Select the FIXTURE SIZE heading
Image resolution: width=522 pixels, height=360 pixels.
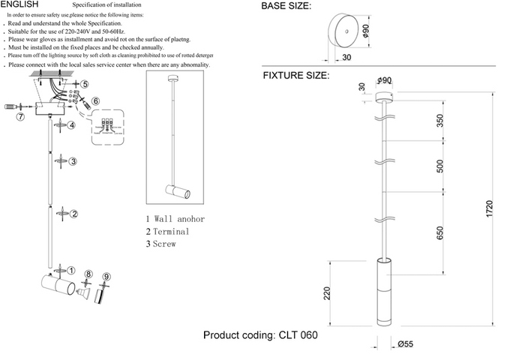click(x=295, y=76)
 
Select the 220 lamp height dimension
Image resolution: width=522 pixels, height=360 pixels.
click(x=327, y=293)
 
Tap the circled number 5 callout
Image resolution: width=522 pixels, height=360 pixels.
click(x=85, y=85)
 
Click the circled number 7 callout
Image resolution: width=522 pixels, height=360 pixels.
click(x=21, y=116)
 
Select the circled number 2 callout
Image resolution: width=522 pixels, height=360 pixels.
click(x=74, y=214)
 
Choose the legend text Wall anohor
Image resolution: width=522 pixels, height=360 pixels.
click(x=179, y=219)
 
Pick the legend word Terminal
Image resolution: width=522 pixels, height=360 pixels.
click(x=172, y=232)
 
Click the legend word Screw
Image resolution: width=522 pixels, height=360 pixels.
click(x=165, y=244)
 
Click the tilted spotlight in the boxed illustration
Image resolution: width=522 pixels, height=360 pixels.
click(x=179, y=193)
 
